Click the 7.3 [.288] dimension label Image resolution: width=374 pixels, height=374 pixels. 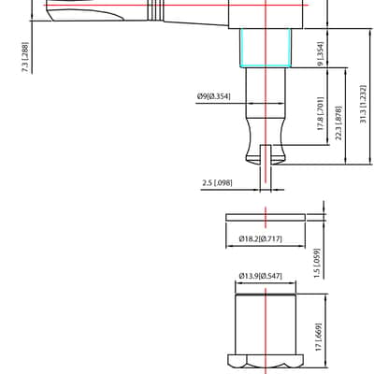tap(25, 57)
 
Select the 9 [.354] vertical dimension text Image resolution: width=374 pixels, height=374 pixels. tap(321, 54)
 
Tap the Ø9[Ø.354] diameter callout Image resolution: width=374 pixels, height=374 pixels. tap(214, 96)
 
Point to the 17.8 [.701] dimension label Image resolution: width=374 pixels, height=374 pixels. tap(321, 113)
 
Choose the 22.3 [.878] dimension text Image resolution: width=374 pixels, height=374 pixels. tap(338, 122)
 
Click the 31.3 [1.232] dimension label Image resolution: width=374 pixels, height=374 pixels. tap(364, 104)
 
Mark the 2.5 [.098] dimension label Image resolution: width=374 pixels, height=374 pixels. tap(217, 182)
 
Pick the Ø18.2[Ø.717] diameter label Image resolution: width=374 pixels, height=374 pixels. tap(261, 238)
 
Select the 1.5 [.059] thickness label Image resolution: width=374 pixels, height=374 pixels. tap(317, 264)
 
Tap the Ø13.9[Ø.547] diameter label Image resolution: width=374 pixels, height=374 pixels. tap(261, 276)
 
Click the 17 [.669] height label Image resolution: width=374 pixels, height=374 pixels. tap(318, 337)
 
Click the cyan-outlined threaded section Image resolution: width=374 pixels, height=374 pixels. tap(266, 48)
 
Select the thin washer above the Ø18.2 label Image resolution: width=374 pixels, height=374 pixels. tap(266, 218)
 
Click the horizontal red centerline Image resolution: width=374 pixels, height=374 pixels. tap(176, 6)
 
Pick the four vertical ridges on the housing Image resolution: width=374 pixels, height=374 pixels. tap(155, 10)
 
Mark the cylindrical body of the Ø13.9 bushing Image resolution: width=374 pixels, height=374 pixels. tap(266, 324)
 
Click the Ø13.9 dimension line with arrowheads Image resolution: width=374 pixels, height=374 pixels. tap(266, 283)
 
